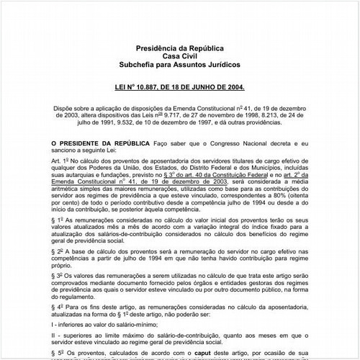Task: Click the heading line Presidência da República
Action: point(179,48)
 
